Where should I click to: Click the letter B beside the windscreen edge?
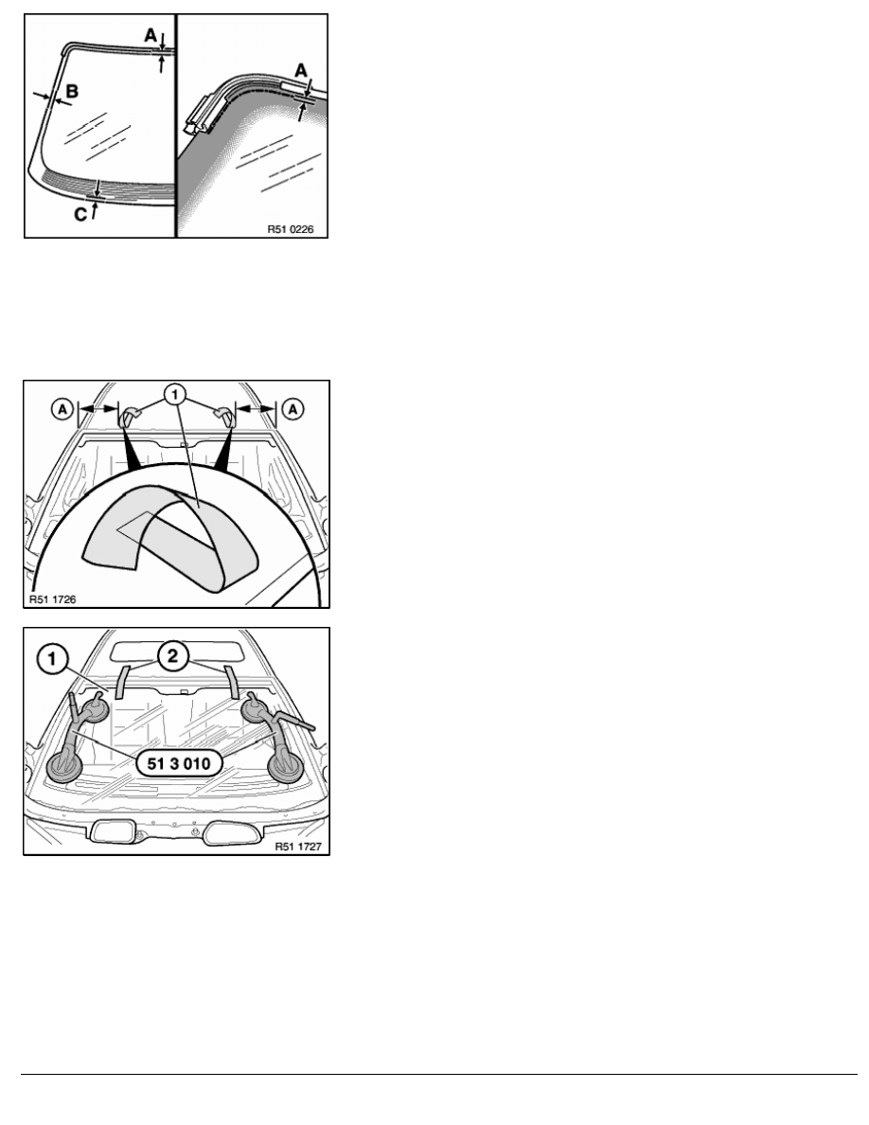[72, 91]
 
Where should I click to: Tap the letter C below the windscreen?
[80, 214]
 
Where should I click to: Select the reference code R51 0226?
[291, 229]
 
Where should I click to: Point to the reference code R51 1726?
[52, 599]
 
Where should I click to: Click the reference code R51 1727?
[298, 847]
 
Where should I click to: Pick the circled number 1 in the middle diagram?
[176, 395]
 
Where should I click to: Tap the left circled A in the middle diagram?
[63, 409]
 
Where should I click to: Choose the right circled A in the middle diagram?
[293, 409]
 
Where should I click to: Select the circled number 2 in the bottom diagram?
[173, 656]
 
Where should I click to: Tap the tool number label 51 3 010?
[179, 763]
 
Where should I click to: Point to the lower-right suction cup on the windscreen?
[285, 765]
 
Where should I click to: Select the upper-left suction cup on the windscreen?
[96, 710]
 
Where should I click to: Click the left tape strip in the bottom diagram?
[122, 682]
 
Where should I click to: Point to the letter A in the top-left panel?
[151, 34]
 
